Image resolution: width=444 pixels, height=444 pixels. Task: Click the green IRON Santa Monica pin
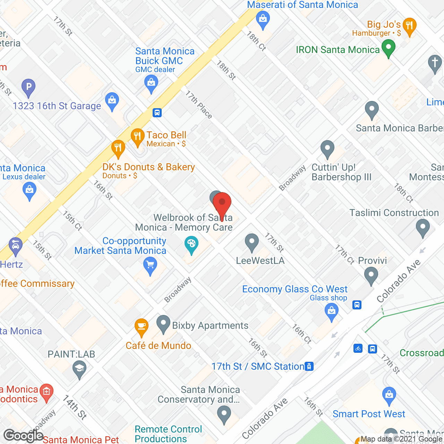(388, 48)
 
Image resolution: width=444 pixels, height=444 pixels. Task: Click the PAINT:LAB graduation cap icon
(80, 369)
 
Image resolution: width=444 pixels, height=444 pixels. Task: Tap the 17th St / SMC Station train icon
(309, 366)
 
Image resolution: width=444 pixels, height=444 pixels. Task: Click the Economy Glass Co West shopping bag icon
(332, 311)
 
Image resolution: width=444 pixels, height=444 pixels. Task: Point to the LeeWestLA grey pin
(252, 242)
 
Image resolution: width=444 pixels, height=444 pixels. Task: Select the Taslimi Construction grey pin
(422, 228)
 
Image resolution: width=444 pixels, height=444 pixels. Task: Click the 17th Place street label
(198, 104)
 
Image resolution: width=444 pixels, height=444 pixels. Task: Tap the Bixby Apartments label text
(210, 325)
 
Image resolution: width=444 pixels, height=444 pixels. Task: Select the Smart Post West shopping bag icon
(389, 395)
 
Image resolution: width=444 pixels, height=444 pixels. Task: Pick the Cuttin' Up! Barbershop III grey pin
(327, 148)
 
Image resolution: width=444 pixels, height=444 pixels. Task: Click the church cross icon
(435, 63)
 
